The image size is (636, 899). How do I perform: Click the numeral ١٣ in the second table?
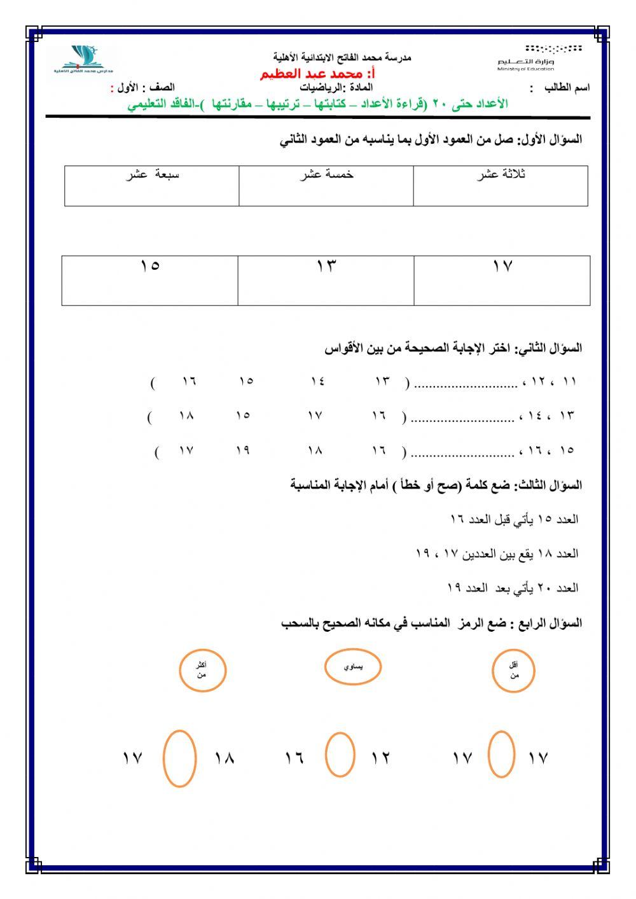coord(326,267)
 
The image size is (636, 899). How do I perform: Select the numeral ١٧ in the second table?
coord(502,267)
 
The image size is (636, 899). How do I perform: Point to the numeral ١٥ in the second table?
coord(150,267)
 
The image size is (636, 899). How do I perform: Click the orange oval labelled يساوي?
coord(353,667)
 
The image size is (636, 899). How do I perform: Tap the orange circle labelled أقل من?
coord(514,670)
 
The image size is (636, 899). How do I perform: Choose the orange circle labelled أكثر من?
coord(202,670)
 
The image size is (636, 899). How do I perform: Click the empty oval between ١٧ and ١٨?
coord(179,758)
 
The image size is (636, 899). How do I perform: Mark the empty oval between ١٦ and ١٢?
coord(340,755)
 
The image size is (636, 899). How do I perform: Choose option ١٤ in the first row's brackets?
coord(318,382)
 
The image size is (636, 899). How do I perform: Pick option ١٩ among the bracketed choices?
coord(242,451)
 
